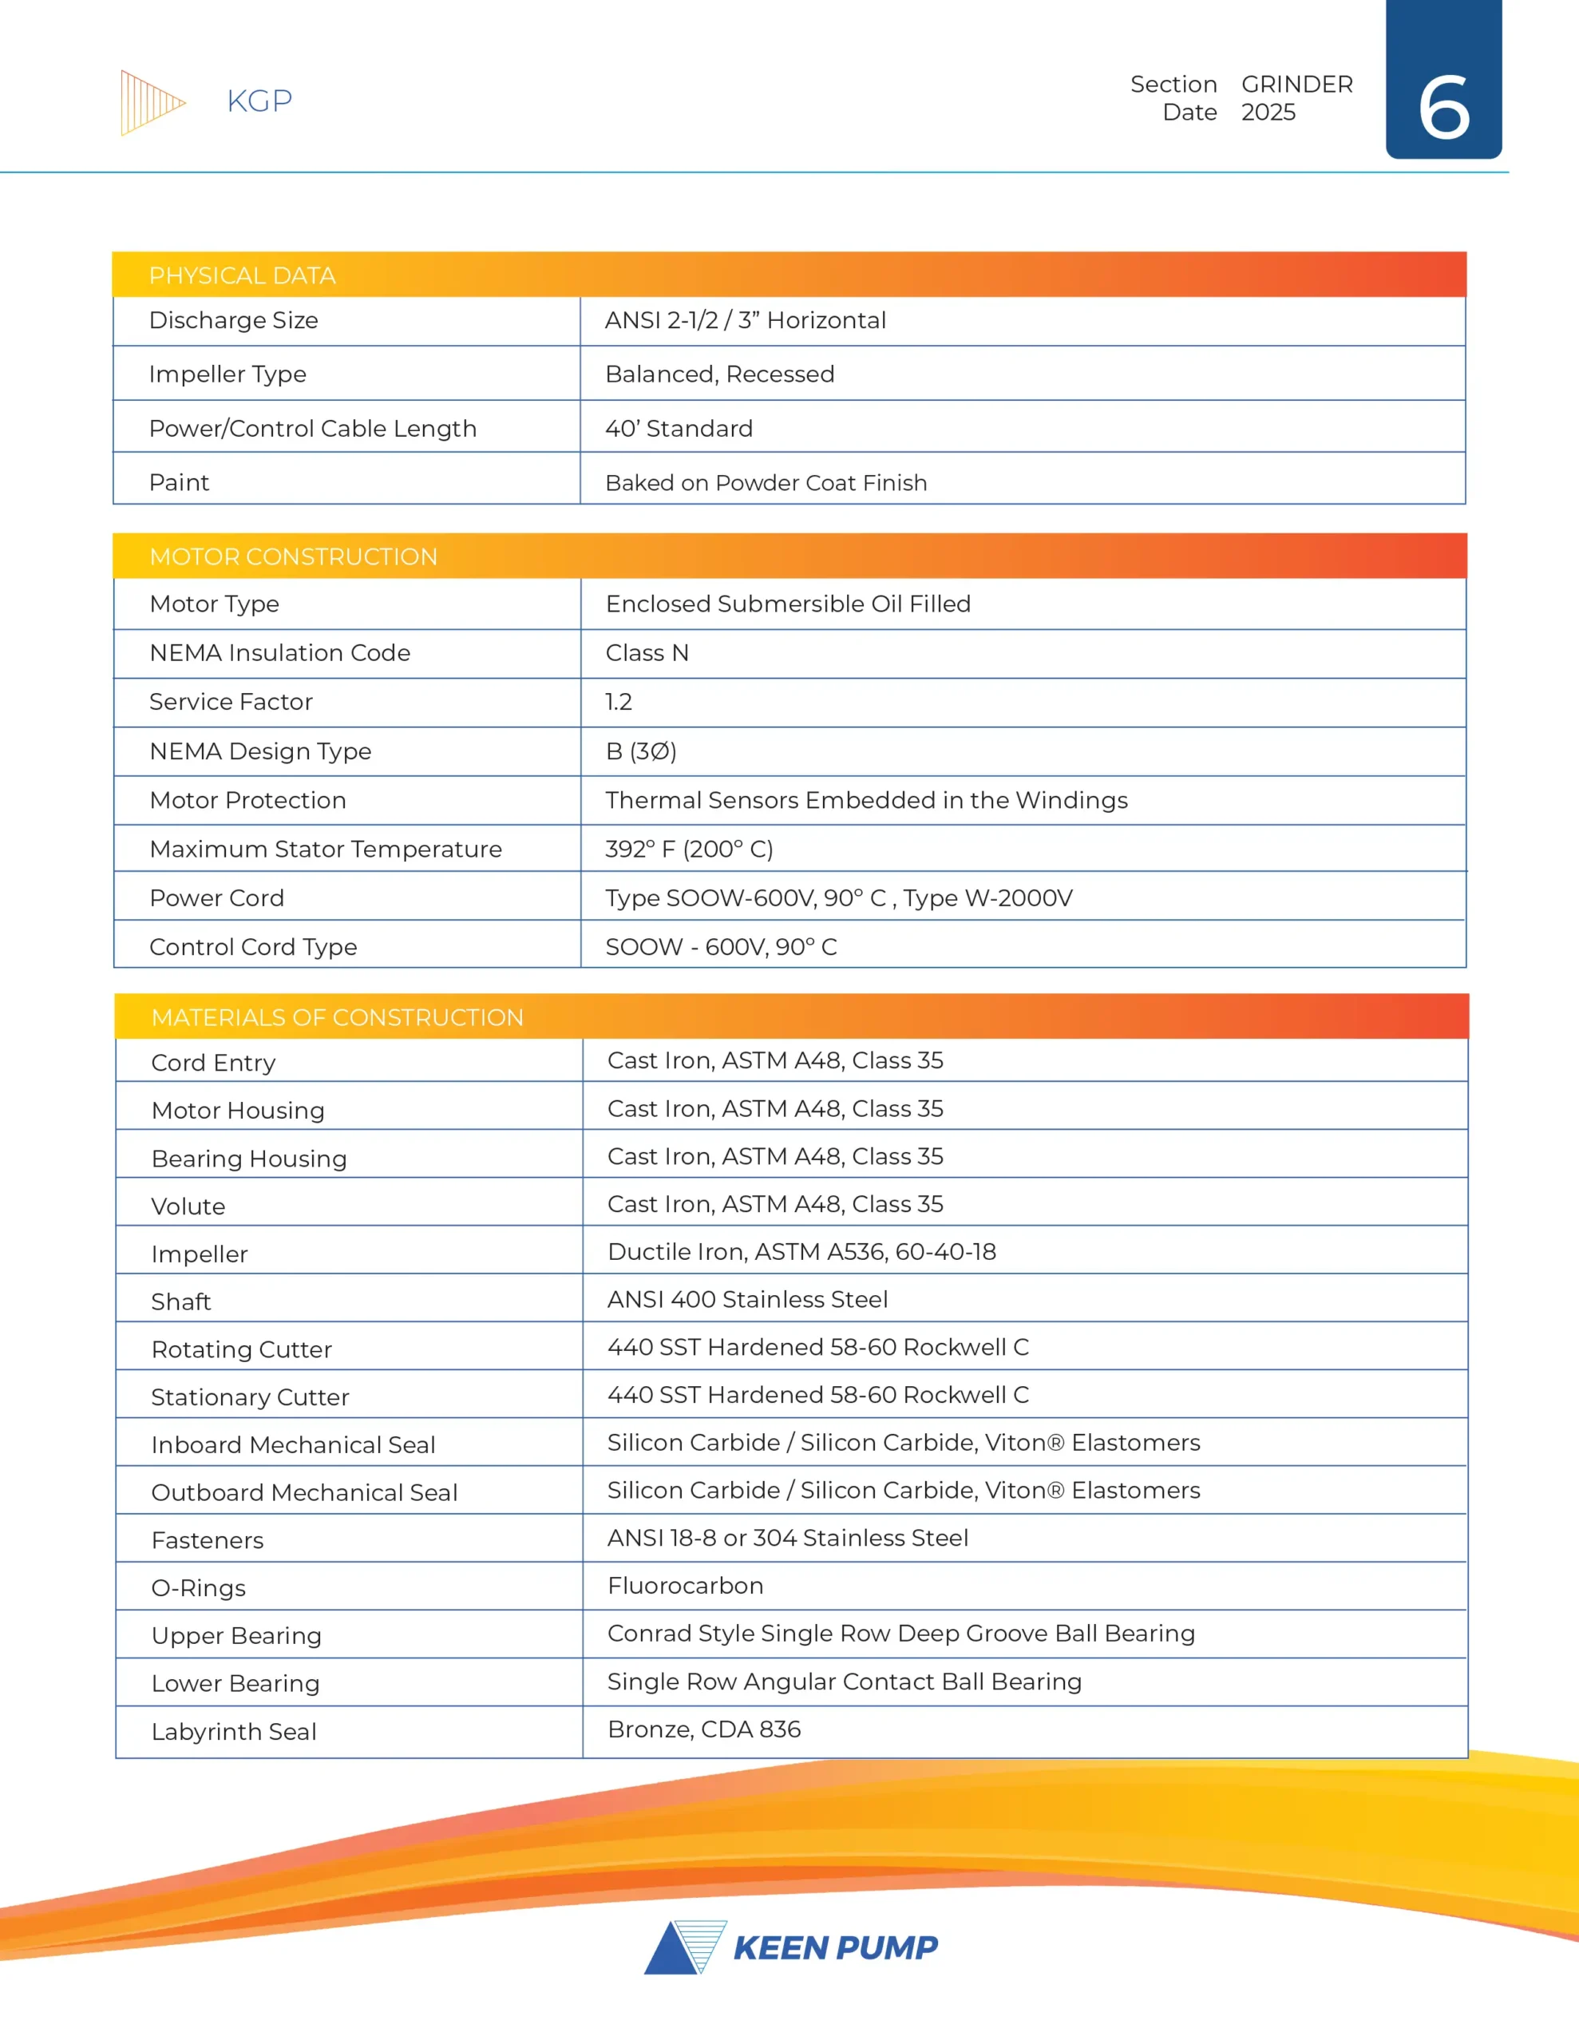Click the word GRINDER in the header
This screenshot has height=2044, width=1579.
[1296, 84]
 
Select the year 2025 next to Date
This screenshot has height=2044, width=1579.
[1268, 113]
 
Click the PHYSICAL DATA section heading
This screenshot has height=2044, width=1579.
[242, 275]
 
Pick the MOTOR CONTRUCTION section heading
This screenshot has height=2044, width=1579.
[293, 557]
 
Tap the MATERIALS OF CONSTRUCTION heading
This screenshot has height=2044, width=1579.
[337, 1017]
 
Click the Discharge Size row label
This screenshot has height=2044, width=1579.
[233, 320]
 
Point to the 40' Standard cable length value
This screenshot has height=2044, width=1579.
[679, 429]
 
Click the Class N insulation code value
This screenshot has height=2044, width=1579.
[647, 653]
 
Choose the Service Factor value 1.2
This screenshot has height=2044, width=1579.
[619, 702]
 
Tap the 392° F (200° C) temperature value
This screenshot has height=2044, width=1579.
[689, 849]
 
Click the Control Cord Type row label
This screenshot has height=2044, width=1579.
[253, 947]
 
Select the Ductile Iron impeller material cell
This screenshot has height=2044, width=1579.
[801, 1251]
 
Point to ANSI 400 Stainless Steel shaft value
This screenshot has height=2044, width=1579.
[747, 1299]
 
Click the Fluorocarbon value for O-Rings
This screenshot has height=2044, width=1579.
[685, 1586]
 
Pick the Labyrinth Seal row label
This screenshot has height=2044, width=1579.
[234, 1731]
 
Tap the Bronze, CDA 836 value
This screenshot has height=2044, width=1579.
[704, 1729]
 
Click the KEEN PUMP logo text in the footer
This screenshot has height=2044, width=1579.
[835, 1947]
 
